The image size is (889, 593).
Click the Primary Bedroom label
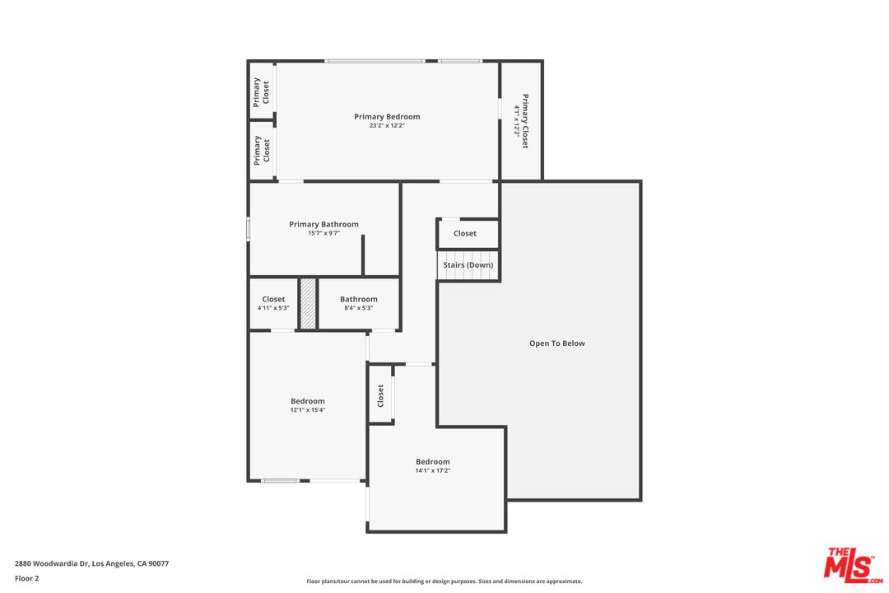coord(387,117)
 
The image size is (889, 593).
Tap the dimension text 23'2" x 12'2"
coord(387,126)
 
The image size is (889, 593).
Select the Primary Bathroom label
coord(323,224)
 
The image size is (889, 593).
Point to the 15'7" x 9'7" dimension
coord(323,233)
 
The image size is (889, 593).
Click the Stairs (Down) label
coord(468,265)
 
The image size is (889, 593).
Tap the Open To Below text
coord(556,343)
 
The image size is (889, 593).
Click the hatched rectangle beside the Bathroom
coord(308,304)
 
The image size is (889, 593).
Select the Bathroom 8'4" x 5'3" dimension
coord(359,308)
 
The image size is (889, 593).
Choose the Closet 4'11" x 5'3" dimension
coord(273,308)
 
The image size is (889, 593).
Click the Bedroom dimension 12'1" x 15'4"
coord(307,410)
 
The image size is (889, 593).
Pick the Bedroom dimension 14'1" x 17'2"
coord(432,471)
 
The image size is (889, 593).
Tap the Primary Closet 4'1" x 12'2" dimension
coord(517,121)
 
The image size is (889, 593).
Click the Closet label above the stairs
coord(465,234)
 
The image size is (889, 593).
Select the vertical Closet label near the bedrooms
coord(380,395)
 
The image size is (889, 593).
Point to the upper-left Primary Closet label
coord(261,92)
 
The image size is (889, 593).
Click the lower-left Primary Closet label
coord(261,151)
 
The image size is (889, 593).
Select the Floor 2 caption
coord(26,578)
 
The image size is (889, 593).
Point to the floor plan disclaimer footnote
coord(444,581)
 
